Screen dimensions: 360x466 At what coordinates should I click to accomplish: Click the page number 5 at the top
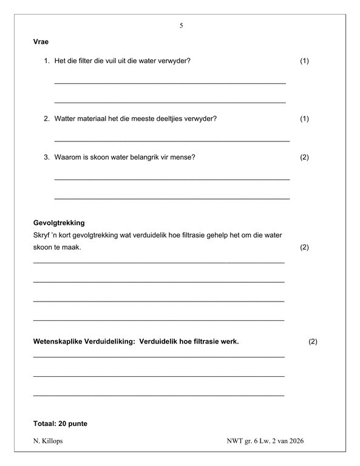tap(181, 25)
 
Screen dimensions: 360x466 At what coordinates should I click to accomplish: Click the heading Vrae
tap(41, 42)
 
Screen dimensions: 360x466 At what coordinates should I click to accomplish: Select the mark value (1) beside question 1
tap(305, 61)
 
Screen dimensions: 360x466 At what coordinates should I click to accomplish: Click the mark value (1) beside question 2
tap(305, 118)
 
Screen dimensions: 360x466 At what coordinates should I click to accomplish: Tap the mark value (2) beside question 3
tap(305, 157)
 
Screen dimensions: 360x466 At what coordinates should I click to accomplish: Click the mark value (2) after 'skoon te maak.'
tap(305, 248)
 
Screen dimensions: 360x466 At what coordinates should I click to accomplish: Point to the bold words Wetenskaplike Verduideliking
tap(83, 342)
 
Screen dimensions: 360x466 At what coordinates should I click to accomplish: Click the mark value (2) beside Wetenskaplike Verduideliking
tap(313, 342)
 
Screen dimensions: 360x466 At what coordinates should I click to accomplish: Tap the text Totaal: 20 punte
tap(61, 423)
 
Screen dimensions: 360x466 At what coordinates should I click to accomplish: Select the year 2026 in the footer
tap(295, 441)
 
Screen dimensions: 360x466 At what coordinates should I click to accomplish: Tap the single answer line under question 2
tap(172, 140)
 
